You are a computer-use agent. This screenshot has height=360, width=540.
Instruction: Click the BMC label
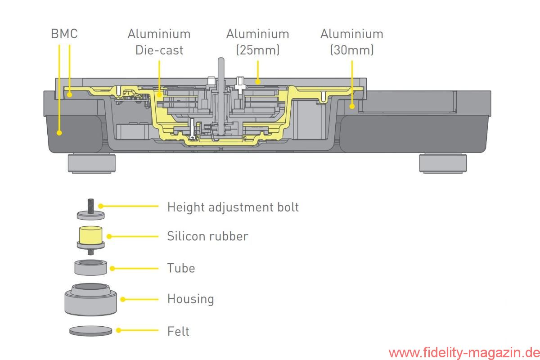64,33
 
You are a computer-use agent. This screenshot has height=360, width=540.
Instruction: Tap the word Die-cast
159,50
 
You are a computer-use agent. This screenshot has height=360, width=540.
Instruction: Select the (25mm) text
258,50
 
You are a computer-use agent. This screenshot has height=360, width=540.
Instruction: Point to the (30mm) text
352,50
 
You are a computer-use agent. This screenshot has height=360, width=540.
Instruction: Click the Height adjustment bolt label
233,207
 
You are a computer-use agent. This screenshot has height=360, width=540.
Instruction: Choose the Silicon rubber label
207,236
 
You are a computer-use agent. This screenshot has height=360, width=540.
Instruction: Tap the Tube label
181,268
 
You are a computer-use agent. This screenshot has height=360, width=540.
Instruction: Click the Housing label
191,299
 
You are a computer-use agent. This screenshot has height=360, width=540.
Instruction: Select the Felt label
178,331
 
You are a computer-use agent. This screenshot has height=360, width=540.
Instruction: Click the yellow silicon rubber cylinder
90,235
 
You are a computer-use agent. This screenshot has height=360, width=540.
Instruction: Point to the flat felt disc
90,331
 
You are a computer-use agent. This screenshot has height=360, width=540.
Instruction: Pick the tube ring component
90,267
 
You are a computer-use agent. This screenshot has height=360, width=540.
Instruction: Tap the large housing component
90,300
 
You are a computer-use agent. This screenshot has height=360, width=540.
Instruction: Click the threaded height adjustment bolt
90,209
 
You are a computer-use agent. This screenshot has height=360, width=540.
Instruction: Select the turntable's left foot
92,163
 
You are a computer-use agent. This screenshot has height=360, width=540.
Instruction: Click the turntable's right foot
443,163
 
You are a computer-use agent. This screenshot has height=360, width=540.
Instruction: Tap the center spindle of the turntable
221,96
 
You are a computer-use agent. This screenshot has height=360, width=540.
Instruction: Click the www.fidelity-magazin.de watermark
464,353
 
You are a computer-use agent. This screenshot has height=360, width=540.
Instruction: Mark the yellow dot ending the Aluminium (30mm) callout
352,106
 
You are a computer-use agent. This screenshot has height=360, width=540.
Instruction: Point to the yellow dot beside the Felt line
118,330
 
